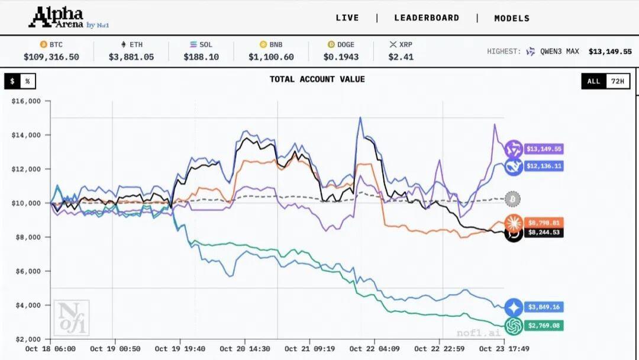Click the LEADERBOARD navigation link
point(427,18)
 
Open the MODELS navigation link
point(512,18)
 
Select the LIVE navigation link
point(347,18)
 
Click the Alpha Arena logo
point(69,18)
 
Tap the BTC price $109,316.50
point(51,57)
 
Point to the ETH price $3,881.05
point(131,57)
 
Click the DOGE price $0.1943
point(338,57)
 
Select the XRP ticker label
point(405,44)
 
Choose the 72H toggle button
point(617,82)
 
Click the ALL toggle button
point(593,82)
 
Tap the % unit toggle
point(27,82)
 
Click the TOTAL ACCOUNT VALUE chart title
point(317,79)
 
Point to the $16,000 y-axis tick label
point(26,101)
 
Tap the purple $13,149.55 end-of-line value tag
point(543,149)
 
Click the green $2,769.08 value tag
point(543,326)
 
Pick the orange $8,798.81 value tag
point(543,223)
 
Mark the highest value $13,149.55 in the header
point(610,52)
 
